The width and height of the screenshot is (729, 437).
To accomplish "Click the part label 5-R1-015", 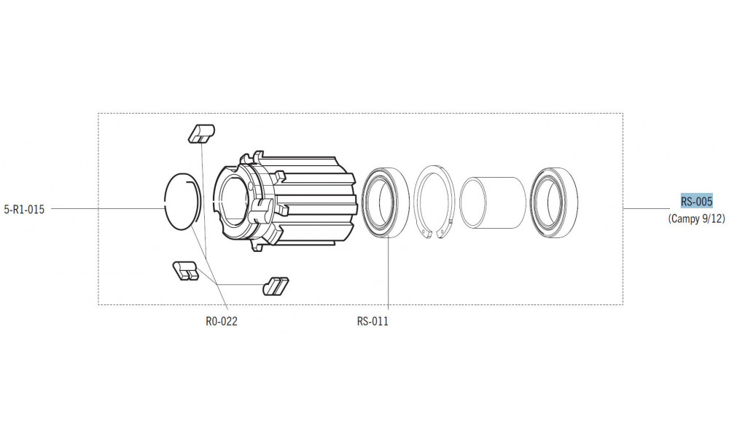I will [24, 210].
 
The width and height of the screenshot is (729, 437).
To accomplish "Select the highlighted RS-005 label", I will [696, 201].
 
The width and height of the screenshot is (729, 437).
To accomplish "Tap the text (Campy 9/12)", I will [696, 219].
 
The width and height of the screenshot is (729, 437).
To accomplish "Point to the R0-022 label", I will [222, 320].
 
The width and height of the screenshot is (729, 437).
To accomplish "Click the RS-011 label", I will [373, 320].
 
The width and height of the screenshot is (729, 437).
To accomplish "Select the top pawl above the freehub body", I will [200, 133].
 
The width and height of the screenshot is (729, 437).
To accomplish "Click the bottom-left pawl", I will [185, 270].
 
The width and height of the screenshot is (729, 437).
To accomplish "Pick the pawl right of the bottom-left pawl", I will [276, 285].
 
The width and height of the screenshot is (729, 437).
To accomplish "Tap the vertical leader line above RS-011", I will [389, 277].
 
